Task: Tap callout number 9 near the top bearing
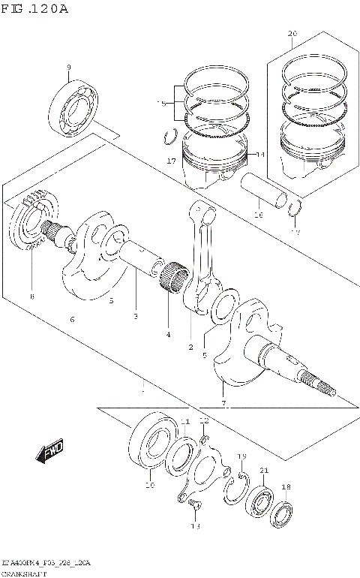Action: pyautogui.click(x=68, y=68)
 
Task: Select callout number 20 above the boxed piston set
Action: pyautogui.click(x=292, y=34)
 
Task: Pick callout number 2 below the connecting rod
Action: pyautogui.click(x=191, y=347)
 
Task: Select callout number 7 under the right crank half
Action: pyautogui.click(x=223, y=405)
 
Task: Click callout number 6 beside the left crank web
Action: pyautogui.click(x=72, y=320)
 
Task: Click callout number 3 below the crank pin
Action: pyautogui.click(x=136, y=316)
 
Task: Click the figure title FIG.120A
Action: pyautogui.click(x=35, y=9)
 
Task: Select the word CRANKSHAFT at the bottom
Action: pyautogui.click(x=24, y=573)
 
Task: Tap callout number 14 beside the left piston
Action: pyautogui.click(x=260, y=155)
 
